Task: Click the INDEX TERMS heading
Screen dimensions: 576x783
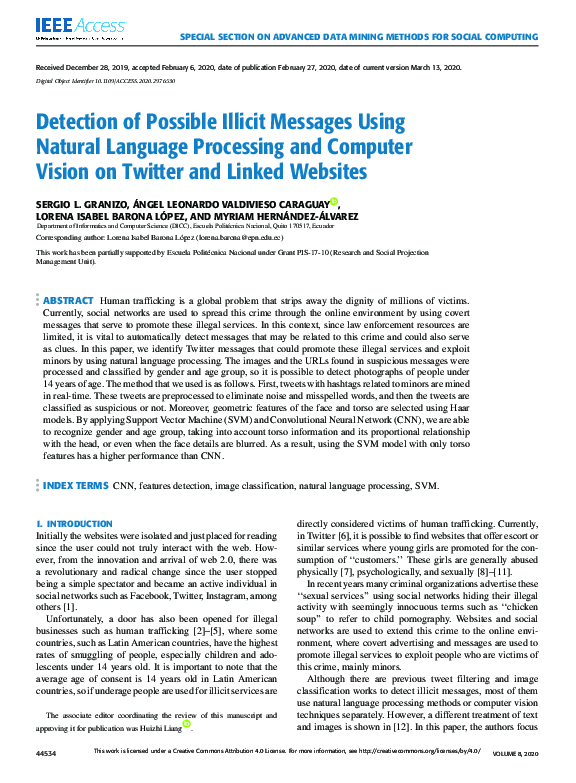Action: tap(76, 485)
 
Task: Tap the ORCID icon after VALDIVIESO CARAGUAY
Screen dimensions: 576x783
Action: tap(334, 201)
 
